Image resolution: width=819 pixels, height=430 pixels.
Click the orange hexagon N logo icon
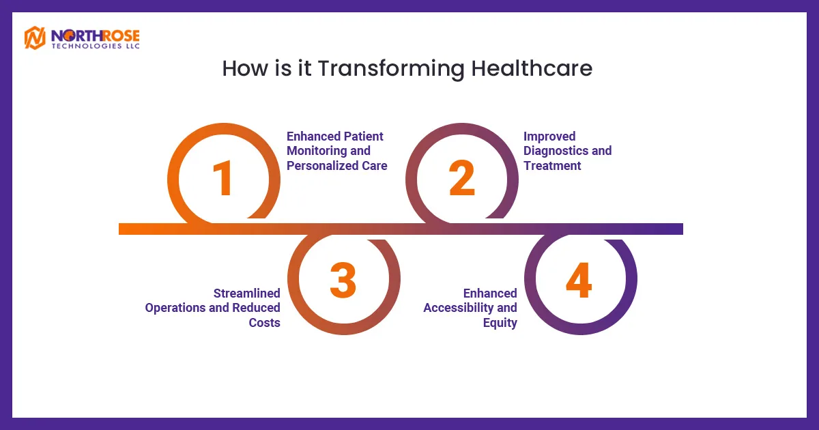(35, 38)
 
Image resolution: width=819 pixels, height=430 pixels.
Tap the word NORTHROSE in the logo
(96, 35)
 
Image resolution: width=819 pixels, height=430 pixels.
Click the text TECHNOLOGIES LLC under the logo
(96, 46)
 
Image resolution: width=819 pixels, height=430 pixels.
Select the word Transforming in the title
(391, 69)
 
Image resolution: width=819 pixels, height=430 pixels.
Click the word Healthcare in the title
(532, 68)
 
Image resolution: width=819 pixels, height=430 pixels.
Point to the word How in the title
(244, 68)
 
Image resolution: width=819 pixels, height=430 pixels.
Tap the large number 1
(222, 178)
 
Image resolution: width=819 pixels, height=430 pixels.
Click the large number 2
(462, 177)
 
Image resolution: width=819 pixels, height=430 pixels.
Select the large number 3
(343, 280)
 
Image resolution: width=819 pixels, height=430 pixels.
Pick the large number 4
(579, 280)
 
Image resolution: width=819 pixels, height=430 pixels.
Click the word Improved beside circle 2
(549, 137)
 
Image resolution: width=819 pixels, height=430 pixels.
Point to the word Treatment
(552, 166)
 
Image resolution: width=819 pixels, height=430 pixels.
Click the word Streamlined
(247, 293)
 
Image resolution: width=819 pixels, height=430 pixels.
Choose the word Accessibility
(458, 308)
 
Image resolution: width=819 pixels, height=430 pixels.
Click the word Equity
(500, 323)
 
